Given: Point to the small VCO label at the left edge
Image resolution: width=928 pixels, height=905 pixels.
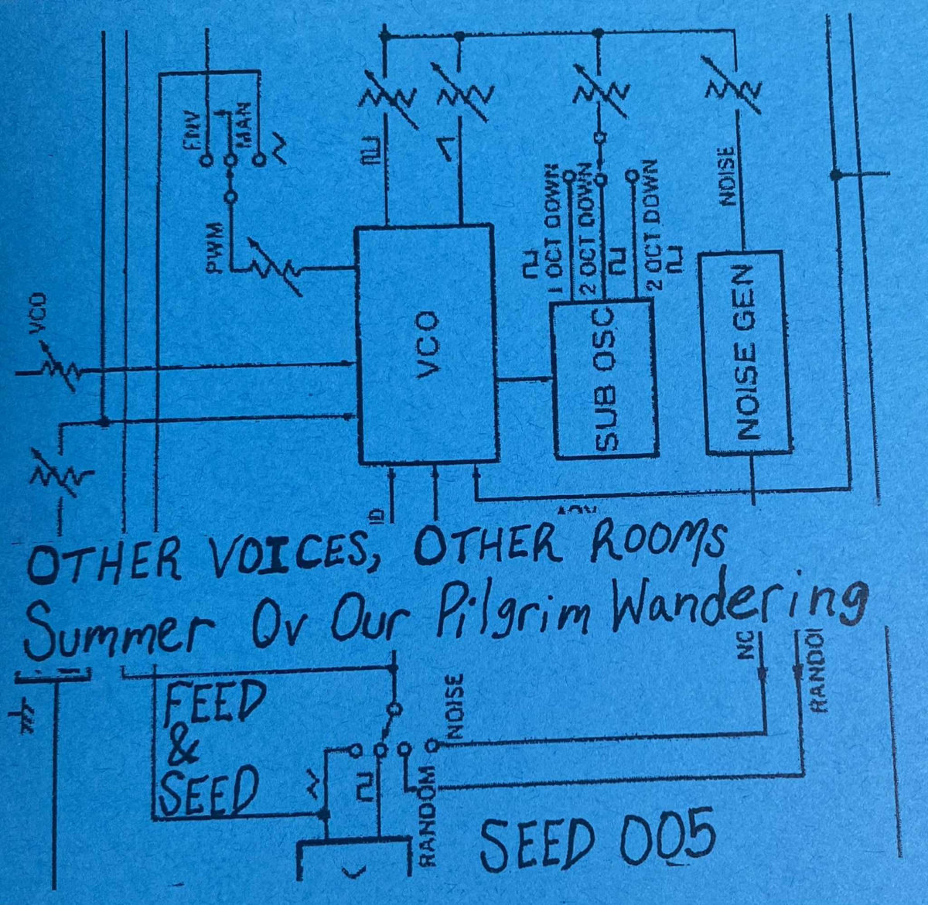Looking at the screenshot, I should tap(36, 316).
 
